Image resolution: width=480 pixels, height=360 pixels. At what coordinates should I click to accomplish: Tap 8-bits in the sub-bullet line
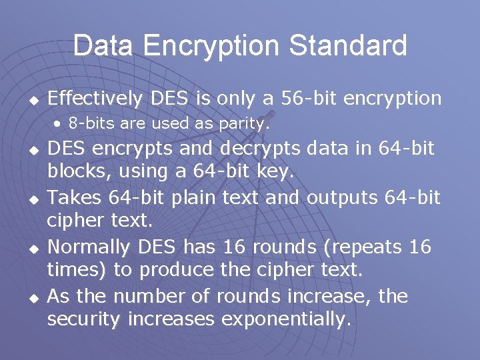(x=89, y=123)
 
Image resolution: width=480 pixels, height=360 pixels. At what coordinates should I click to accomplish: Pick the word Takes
(x=71, y=198)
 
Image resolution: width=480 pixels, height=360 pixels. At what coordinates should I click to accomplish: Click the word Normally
(x=89, y=247)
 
